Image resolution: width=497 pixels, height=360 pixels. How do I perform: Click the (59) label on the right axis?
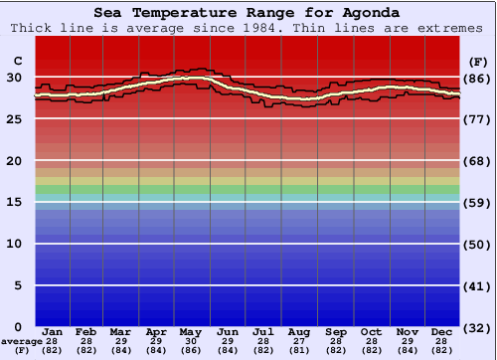click(x=476, y=202)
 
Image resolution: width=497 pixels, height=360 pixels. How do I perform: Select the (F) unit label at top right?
click(x=476, y=61)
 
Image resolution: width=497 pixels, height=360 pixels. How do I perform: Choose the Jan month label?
click(x=53, y=331)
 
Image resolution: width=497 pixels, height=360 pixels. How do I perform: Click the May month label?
click(x=192, y=331)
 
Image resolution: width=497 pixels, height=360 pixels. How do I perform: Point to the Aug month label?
click(x=298, y=331)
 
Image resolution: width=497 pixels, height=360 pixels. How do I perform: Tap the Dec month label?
click(x=442, y=331)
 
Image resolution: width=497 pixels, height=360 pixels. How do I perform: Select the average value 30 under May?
click(x=192, y=341)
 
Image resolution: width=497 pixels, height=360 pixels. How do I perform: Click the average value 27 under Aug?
click(x=298, y=341)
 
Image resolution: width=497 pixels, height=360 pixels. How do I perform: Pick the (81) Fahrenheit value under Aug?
click(x=298, y=350)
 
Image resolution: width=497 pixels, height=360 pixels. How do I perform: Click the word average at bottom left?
click(x=22, y=341)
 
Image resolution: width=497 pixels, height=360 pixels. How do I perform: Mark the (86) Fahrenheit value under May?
click(x=192, y=350)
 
